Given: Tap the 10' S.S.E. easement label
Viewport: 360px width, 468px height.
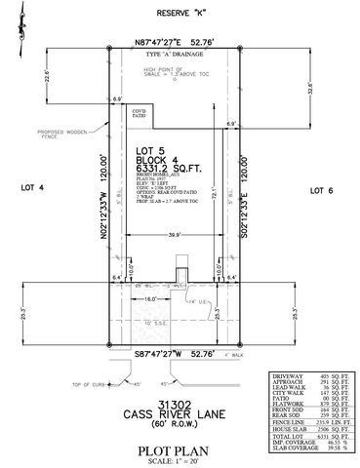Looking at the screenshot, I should tap(157, 321).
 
